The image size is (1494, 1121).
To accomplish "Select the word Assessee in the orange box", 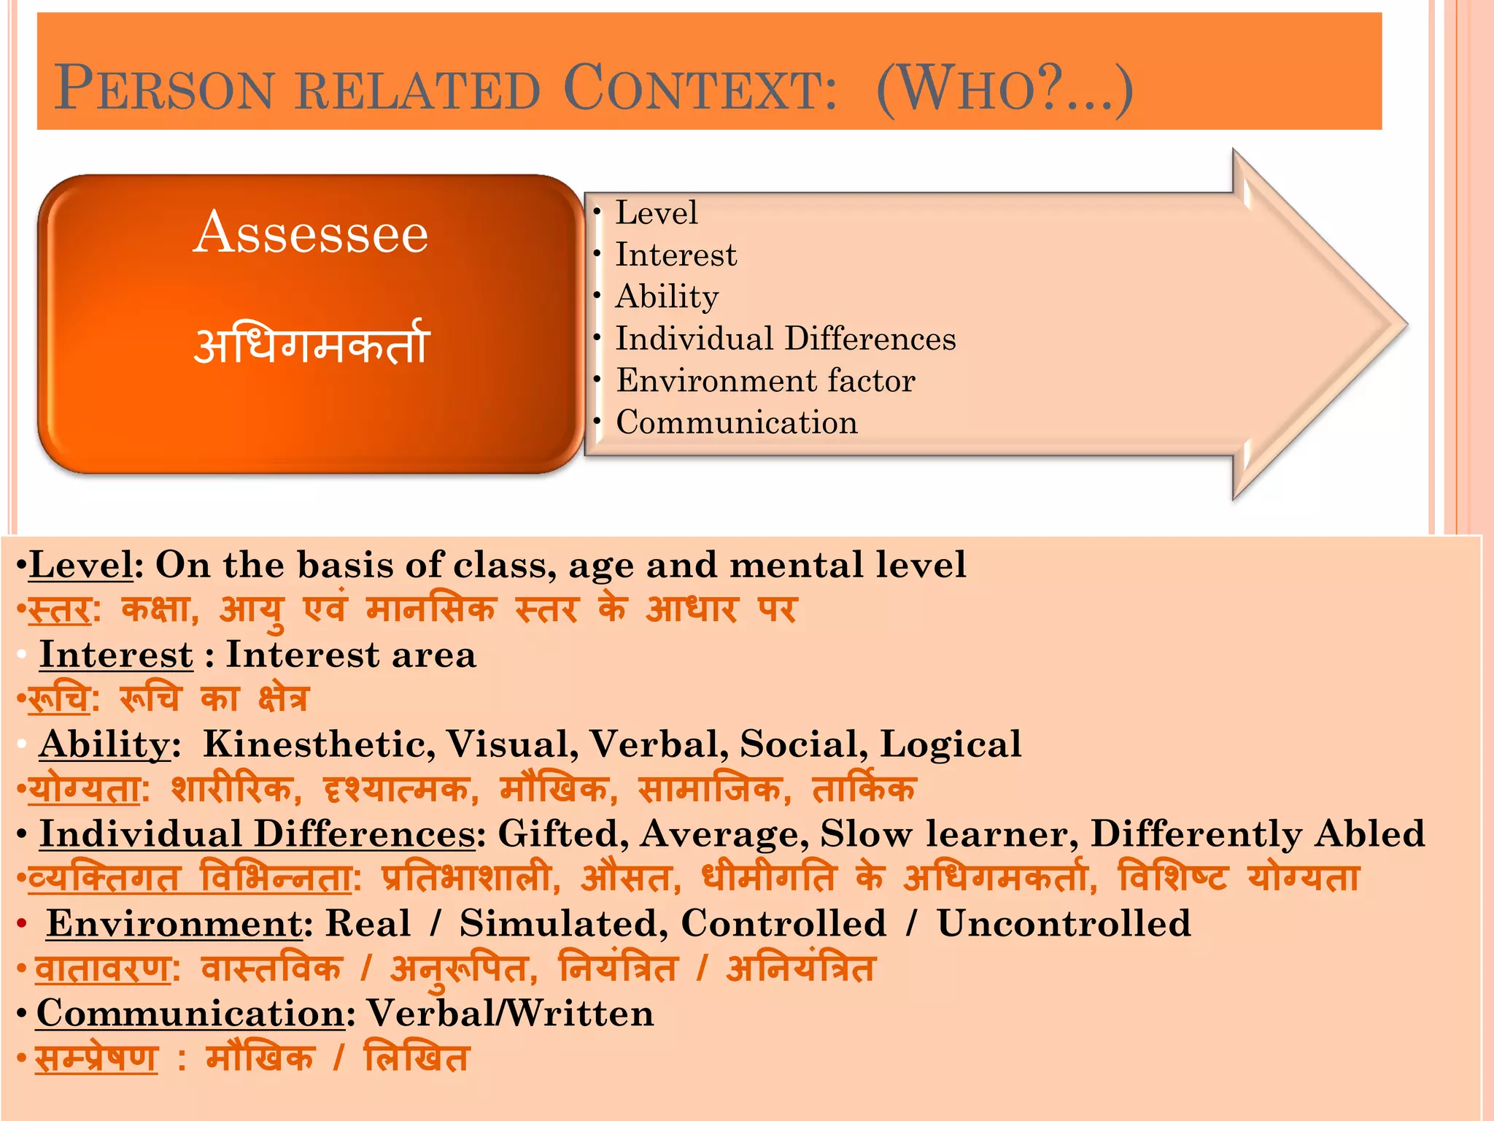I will (311, 233).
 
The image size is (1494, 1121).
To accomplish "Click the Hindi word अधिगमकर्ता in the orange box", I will (311, 344).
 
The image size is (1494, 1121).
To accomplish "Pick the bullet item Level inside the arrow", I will (657, 213).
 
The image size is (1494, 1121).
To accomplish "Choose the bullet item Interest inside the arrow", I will (676, 255).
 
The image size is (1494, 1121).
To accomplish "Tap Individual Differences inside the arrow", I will (786, 339).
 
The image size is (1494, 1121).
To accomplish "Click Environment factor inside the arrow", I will (765, 381).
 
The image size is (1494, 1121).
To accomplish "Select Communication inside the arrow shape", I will (737, 423).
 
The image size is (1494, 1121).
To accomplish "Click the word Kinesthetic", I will (319, 744).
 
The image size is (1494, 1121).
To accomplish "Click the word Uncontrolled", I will (1064, 924).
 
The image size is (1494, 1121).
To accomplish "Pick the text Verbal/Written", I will (510, 1014).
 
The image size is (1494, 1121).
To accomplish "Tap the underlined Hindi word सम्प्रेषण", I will (96, 1058).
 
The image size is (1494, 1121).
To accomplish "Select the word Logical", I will (950, 744).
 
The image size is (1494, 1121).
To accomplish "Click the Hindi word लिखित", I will (416, 1058).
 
